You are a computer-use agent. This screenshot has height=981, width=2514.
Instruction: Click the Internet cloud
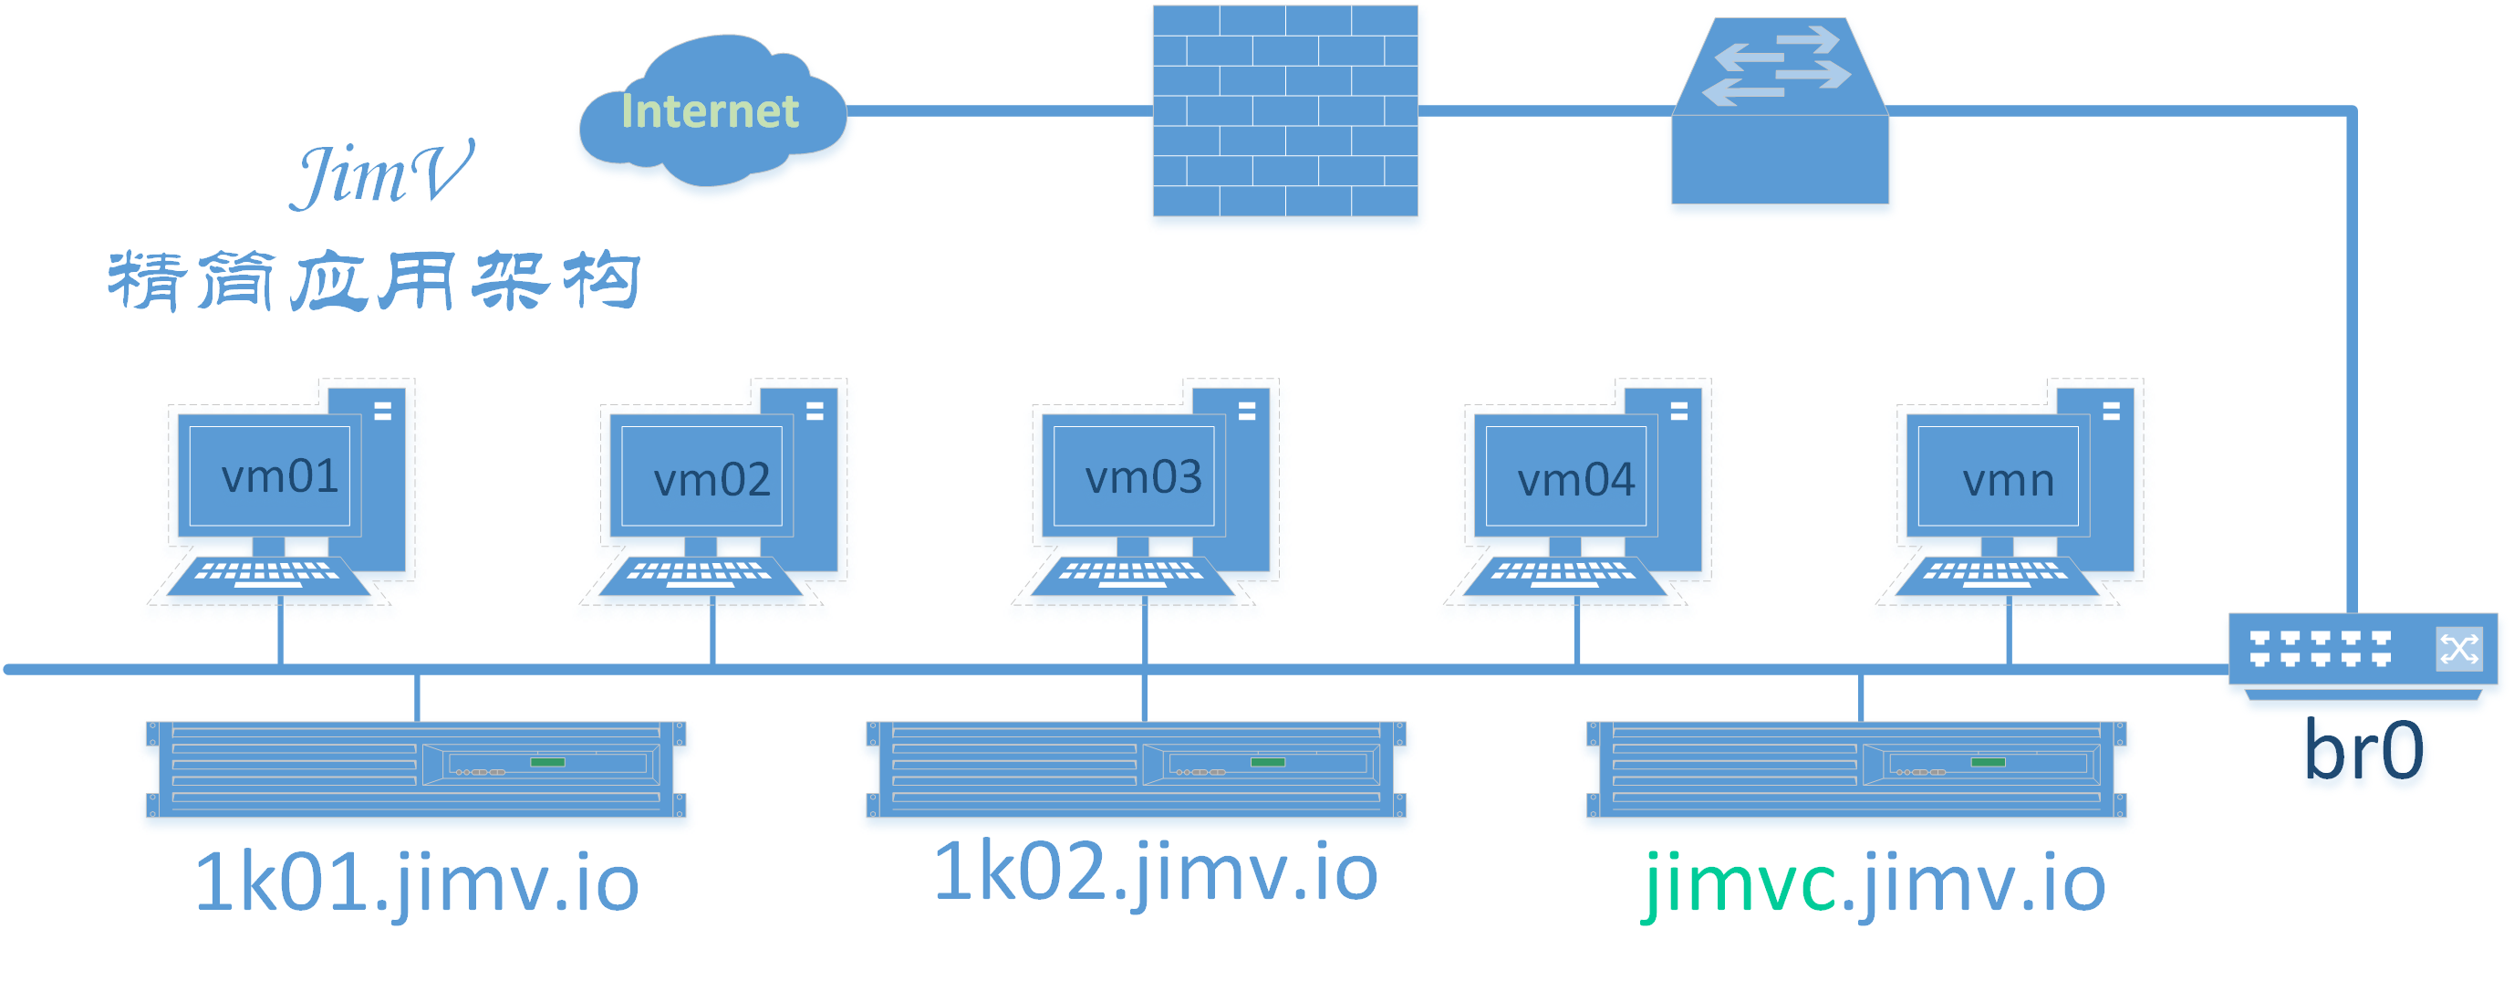[712, 110]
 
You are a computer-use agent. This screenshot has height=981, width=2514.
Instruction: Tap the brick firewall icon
[1285, 110]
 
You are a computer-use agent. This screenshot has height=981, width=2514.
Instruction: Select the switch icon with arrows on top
[1780, 110]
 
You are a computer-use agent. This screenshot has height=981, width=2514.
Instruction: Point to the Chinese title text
[374, 281]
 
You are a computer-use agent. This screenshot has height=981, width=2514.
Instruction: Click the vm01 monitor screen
[269, 475]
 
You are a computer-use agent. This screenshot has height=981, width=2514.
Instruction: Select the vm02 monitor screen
[701, 475]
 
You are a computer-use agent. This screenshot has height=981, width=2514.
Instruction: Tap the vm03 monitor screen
[1134, 475]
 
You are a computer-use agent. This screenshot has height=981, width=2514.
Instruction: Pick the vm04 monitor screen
[1566, 475]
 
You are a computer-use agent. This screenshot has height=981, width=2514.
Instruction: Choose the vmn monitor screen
[1999, 475]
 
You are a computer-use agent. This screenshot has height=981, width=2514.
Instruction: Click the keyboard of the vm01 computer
[268, 576]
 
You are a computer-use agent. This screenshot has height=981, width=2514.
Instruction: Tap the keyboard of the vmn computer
[1998, 576]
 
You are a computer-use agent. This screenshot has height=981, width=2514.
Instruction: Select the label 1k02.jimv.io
[1156, 871]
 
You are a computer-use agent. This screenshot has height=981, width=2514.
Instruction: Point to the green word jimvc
[1741, 883]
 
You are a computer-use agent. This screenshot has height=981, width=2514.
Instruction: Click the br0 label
[2363, 749]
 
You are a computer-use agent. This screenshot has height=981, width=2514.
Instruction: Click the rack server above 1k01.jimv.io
[416, 769]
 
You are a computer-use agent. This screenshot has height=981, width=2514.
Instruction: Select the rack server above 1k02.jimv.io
[1136, 769]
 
